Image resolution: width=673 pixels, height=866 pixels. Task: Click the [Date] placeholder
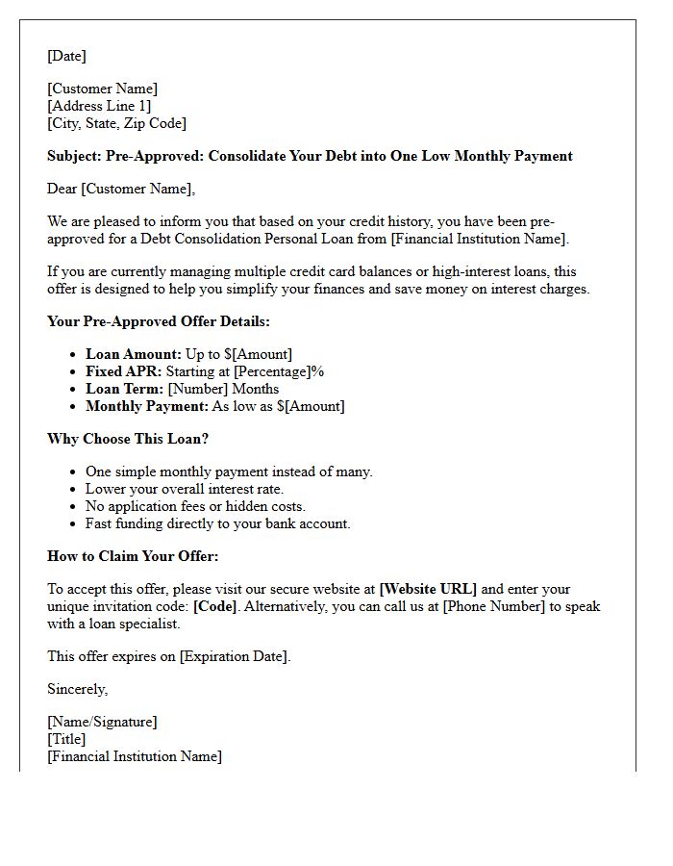66,56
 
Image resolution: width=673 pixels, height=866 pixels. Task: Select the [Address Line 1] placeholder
99,106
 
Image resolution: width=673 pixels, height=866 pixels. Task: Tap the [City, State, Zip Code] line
116,123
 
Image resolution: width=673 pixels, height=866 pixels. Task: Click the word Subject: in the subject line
76,156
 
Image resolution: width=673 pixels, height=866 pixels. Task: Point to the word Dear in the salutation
62,189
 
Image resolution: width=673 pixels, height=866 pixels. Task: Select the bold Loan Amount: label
133,354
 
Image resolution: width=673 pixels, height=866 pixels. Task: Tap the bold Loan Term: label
124,389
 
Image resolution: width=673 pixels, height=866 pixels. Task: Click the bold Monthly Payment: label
146,406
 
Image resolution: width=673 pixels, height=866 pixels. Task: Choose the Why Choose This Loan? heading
128,439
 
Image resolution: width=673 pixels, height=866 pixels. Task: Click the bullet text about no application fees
195,506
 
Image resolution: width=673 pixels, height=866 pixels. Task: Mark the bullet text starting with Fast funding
217,523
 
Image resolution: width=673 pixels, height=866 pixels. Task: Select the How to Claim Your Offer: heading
133,556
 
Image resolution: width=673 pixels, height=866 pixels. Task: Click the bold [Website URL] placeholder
428,589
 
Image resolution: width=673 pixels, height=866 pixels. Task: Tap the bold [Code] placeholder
216,606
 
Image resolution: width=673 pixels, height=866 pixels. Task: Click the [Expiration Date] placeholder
234,656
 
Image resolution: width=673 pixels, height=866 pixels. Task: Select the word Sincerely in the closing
77,689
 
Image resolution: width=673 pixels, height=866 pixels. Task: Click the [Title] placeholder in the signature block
66,739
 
